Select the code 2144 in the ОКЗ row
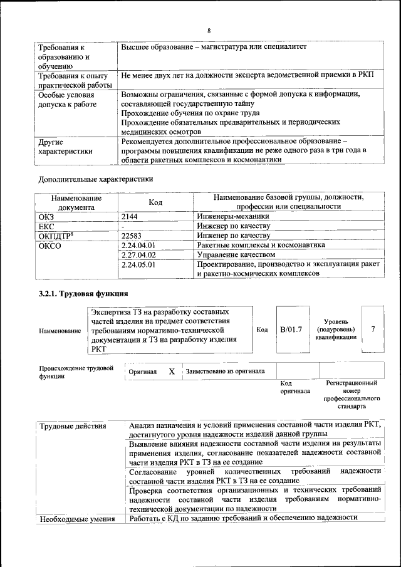pos(131,216)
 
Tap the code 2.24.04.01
pos(138,246)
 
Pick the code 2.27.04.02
pos(138,255)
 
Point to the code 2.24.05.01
pos(138,265)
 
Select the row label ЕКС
pos(46,226)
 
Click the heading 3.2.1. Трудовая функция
pos(83,293)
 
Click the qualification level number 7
pos(373,330)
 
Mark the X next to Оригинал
pos(172,372)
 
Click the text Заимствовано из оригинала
pos(225,372)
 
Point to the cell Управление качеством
pos(236,255)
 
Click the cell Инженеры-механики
pos(228,216)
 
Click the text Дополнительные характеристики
pos(96,179)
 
